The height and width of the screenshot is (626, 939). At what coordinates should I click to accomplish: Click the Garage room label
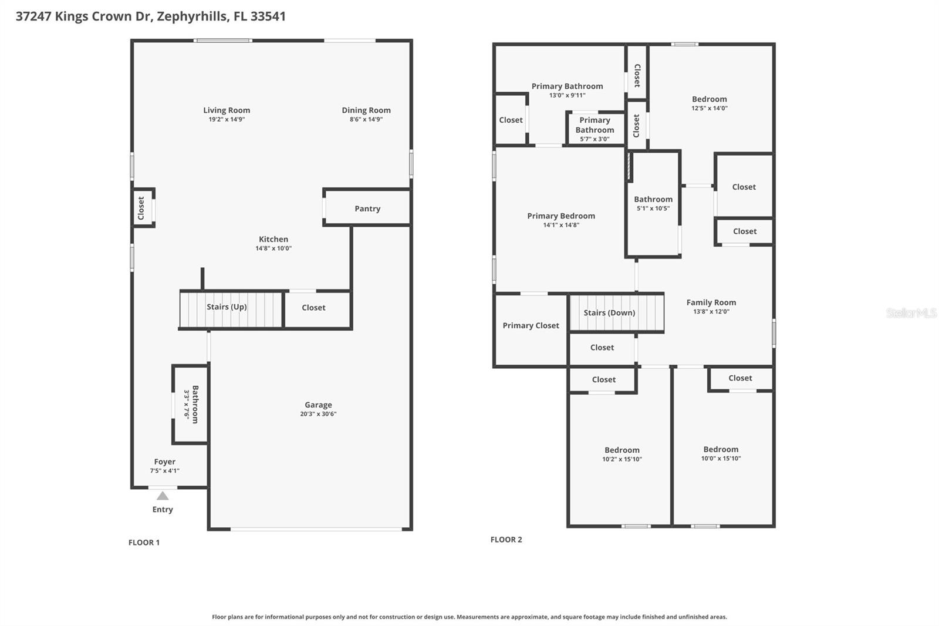click(318, 405)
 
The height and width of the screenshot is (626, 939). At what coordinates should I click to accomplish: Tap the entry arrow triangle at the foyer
click(163, 496)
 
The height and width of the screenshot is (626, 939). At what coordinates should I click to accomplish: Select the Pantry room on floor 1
click(367, 208)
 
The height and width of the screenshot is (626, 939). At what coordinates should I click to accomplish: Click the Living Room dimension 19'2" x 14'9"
click(227, 119)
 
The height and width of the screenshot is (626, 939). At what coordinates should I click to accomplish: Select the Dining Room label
click(366, 110)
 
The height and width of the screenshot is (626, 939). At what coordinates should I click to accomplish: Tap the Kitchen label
click(273, 239)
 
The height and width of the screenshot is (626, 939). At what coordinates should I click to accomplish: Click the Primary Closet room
click(531, 326)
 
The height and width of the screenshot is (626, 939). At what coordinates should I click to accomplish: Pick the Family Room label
click(711, 302)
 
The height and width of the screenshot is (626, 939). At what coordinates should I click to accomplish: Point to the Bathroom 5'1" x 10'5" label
click(653, 200)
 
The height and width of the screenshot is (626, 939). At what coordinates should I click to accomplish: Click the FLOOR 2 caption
click(506, 540)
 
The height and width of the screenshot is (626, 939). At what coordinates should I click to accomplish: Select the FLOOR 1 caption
click(144, 543)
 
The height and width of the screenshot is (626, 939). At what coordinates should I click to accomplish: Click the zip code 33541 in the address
click(268, 16)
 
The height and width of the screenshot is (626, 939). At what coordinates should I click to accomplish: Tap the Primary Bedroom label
click(561, 216)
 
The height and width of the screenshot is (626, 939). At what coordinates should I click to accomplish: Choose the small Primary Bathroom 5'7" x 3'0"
click(595, 129)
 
